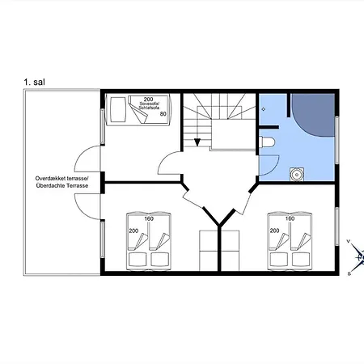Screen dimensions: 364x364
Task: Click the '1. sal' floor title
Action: (34, 82)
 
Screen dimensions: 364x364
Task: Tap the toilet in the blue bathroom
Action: (267, 142)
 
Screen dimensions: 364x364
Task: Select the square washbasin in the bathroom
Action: (297, 175)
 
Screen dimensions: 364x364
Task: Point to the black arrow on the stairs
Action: (197, 142)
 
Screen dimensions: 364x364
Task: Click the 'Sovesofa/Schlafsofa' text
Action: (149, 105)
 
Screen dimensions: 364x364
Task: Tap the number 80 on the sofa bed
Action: (163, 114)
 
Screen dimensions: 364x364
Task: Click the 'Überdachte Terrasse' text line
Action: (62, 185)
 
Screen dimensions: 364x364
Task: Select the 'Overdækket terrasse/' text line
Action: (62, 179)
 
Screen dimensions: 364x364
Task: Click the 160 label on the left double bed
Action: (149, 218)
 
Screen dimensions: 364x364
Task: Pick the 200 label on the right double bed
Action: (274, 231)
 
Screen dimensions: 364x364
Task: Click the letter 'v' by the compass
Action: (349, 241)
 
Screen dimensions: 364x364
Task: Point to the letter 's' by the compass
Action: (349, 273)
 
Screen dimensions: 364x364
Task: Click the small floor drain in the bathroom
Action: (264, 109)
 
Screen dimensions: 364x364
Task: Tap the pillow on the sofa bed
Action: (118, 109)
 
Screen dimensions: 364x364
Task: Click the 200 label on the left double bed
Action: (133, 231)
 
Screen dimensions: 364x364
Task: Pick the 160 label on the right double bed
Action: (290, 218)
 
